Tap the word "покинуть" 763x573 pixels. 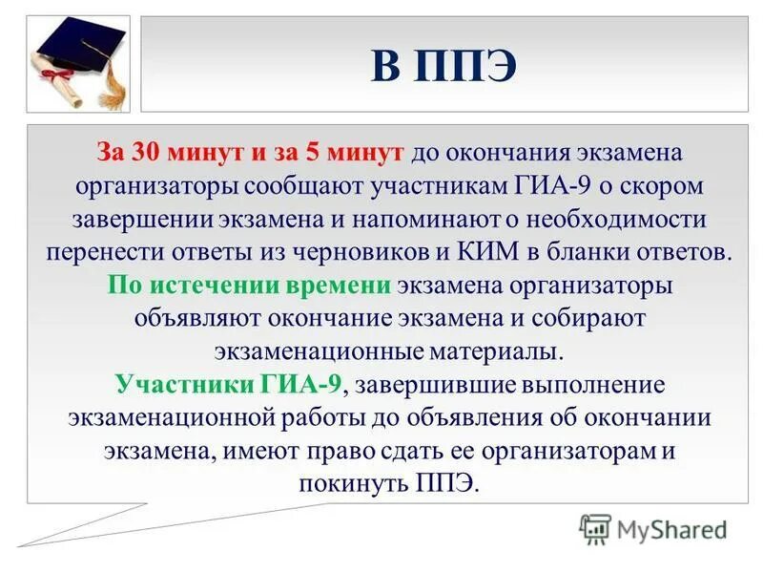(353, 482)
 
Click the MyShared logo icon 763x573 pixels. (595, 528)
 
